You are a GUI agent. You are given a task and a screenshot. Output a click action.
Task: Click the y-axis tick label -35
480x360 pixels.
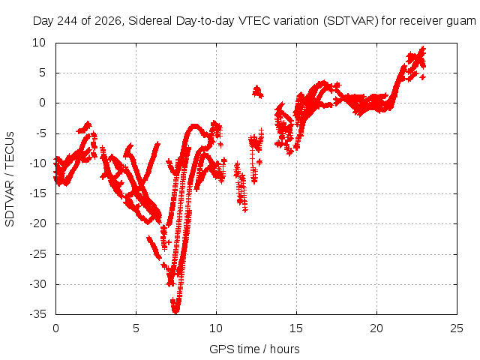(37, 314)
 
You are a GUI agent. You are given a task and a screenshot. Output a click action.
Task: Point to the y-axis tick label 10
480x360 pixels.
(39, 43)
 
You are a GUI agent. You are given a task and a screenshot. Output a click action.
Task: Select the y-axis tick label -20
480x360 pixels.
(37, 223)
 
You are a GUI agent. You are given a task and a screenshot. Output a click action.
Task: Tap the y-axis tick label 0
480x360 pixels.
(42, 103)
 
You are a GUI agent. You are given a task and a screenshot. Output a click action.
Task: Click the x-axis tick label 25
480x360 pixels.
(457, 328)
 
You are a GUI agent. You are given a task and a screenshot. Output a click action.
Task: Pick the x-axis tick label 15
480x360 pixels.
(296, 328)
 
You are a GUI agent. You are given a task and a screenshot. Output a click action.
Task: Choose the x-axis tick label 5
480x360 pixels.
(136, 328)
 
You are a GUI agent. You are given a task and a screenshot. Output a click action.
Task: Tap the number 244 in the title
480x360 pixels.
(67, 21)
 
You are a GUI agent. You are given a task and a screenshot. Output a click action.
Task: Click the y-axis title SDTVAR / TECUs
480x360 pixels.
(10, 179)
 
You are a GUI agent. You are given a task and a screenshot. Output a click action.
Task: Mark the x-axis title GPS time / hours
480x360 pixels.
(254, 349)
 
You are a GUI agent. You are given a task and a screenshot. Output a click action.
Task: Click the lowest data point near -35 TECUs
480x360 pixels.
(175, 311)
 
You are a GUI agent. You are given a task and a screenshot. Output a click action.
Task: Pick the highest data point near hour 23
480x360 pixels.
(423, 49)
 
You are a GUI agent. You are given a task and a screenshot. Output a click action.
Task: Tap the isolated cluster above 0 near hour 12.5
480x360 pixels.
(257, 91)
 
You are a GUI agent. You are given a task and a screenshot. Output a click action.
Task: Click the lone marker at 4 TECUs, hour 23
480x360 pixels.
(423, 77)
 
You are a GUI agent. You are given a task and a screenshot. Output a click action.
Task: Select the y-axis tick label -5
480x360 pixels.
(40, 133)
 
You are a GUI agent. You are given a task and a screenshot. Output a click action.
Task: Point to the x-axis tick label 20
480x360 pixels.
(376, 328)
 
